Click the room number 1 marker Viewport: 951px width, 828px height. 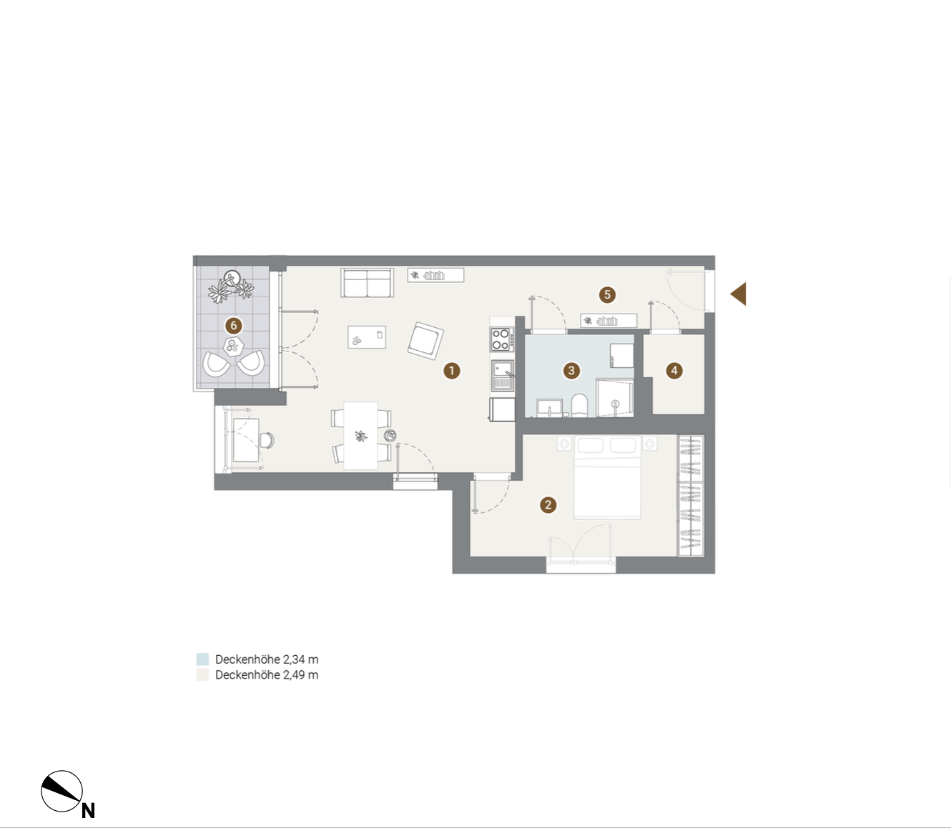pos(451,371)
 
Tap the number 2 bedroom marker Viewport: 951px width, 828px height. pos(548,505)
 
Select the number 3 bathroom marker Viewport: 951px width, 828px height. pos(571,371)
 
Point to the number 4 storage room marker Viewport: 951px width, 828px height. pos(674,371)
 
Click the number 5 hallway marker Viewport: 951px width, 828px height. pos(607,294)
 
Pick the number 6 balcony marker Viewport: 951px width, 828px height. pos(234,326)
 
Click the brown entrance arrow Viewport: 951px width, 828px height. pos(738,294)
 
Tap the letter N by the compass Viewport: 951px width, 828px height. pos(89,810)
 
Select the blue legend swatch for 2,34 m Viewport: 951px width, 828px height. pos(202,659)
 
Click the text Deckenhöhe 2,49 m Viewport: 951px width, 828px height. pos(267,674)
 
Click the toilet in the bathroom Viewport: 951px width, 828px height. pos(579,405)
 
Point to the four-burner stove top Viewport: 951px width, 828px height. pos(501,339)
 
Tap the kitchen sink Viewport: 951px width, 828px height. pos(503,375)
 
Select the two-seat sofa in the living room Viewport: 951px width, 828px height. pos(368,282)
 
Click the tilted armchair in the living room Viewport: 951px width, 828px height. pos(425,341)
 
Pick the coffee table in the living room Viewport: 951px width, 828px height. pos(367,337)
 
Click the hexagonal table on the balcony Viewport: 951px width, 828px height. pos(234,346)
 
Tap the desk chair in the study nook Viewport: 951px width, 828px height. pos(267,440)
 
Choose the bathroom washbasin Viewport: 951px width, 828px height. pos(549,408)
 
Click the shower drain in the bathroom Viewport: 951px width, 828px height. pos(616,404)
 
